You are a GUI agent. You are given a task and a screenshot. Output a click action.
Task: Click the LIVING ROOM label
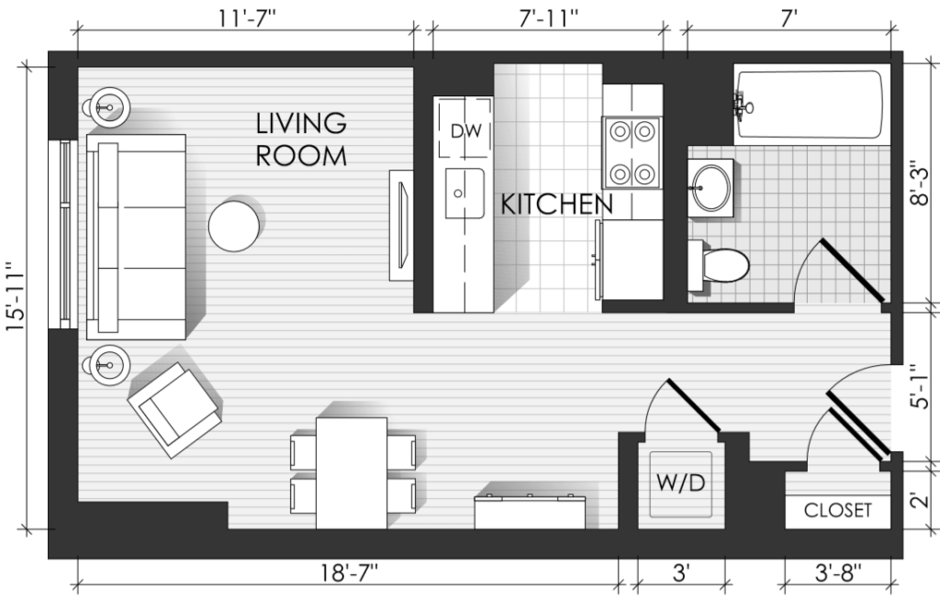pos(301,138)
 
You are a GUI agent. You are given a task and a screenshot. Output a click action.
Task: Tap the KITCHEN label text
pos(557,205)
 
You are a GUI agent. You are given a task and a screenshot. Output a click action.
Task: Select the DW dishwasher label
pos(465,131)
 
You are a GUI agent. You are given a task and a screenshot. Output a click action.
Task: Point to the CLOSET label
pos(837,510)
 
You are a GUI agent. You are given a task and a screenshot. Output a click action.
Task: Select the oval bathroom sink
pos(711,187)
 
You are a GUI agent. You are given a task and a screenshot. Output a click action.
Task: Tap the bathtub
pos(810,105)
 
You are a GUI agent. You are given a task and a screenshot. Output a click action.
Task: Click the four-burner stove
pos(632,152)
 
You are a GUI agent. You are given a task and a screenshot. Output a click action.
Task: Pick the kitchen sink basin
pos(464,193)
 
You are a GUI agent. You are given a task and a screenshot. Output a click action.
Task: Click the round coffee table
pos(234,226)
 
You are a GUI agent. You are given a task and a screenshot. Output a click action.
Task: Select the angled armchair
pos(173,410)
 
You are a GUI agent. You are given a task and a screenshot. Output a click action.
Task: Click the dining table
pos(352,473)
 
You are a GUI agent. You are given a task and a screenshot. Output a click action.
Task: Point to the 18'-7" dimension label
pos(349,573)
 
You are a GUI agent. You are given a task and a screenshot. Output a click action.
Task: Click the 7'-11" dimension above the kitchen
pos(549,18)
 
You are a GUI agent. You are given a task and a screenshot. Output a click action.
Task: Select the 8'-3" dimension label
pos(919,183)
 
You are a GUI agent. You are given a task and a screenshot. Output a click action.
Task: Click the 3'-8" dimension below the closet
pos(838,573)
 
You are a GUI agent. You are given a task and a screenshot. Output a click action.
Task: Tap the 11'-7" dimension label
pos(246,18)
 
